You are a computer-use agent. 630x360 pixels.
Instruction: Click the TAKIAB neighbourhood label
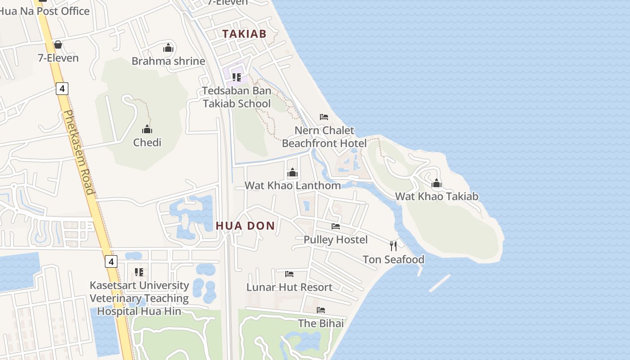[x=244, y=34]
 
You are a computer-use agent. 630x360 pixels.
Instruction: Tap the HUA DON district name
[x=245, y=226]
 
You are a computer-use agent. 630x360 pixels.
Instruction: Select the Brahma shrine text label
[x=168, y=61]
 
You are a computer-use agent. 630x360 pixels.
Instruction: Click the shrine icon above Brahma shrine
[x=168, y=48]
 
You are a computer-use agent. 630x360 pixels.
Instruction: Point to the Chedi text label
[x=147, y=143]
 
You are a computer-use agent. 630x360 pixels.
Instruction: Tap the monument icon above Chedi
[x=147, y=130]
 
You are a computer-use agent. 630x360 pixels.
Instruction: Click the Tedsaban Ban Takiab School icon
[x=237, y=77]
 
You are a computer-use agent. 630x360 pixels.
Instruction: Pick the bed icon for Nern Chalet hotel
[x=324, y=117]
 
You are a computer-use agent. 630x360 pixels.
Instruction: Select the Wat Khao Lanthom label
[x=292, y=185]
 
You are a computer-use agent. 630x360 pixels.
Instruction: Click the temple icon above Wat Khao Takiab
[x=436, y=184]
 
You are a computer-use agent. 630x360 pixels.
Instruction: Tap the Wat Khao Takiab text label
[x=436, y=196]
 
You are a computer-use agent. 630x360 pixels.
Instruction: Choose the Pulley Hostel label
[x=336, y=239]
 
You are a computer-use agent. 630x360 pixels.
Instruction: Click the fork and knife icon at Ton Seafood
[x=393, y=246]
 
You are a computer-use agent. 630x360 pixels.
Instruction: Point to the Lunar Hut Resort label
[x=289, y=287]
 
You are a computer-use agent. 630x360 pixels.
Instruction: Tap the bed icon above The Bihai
[x=321, y=310]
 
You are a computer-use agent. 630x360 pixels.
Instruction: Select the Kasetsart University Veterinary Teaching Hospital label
[x=139, y=298]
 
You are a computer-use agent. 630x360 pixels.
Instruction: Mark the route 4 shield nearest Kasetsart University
[x=111, y=261]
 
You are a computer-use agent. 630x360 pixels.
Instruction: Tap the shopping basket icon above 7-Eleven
[x=58, y=45]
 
